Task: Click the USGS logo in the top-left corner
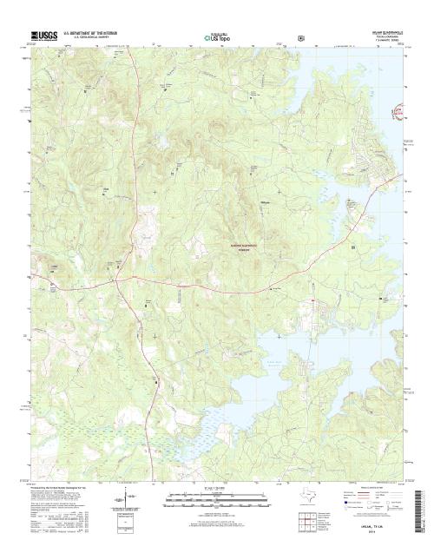coord(43,36)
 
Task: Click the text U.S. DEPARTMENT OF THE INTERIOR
coord(93,33)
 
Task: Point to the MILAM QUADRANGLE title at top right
coord(382,32)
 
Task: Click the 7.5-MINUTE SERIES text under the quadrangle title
coord(382,41)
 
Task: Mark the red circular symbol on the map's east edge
coord(400,111)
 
